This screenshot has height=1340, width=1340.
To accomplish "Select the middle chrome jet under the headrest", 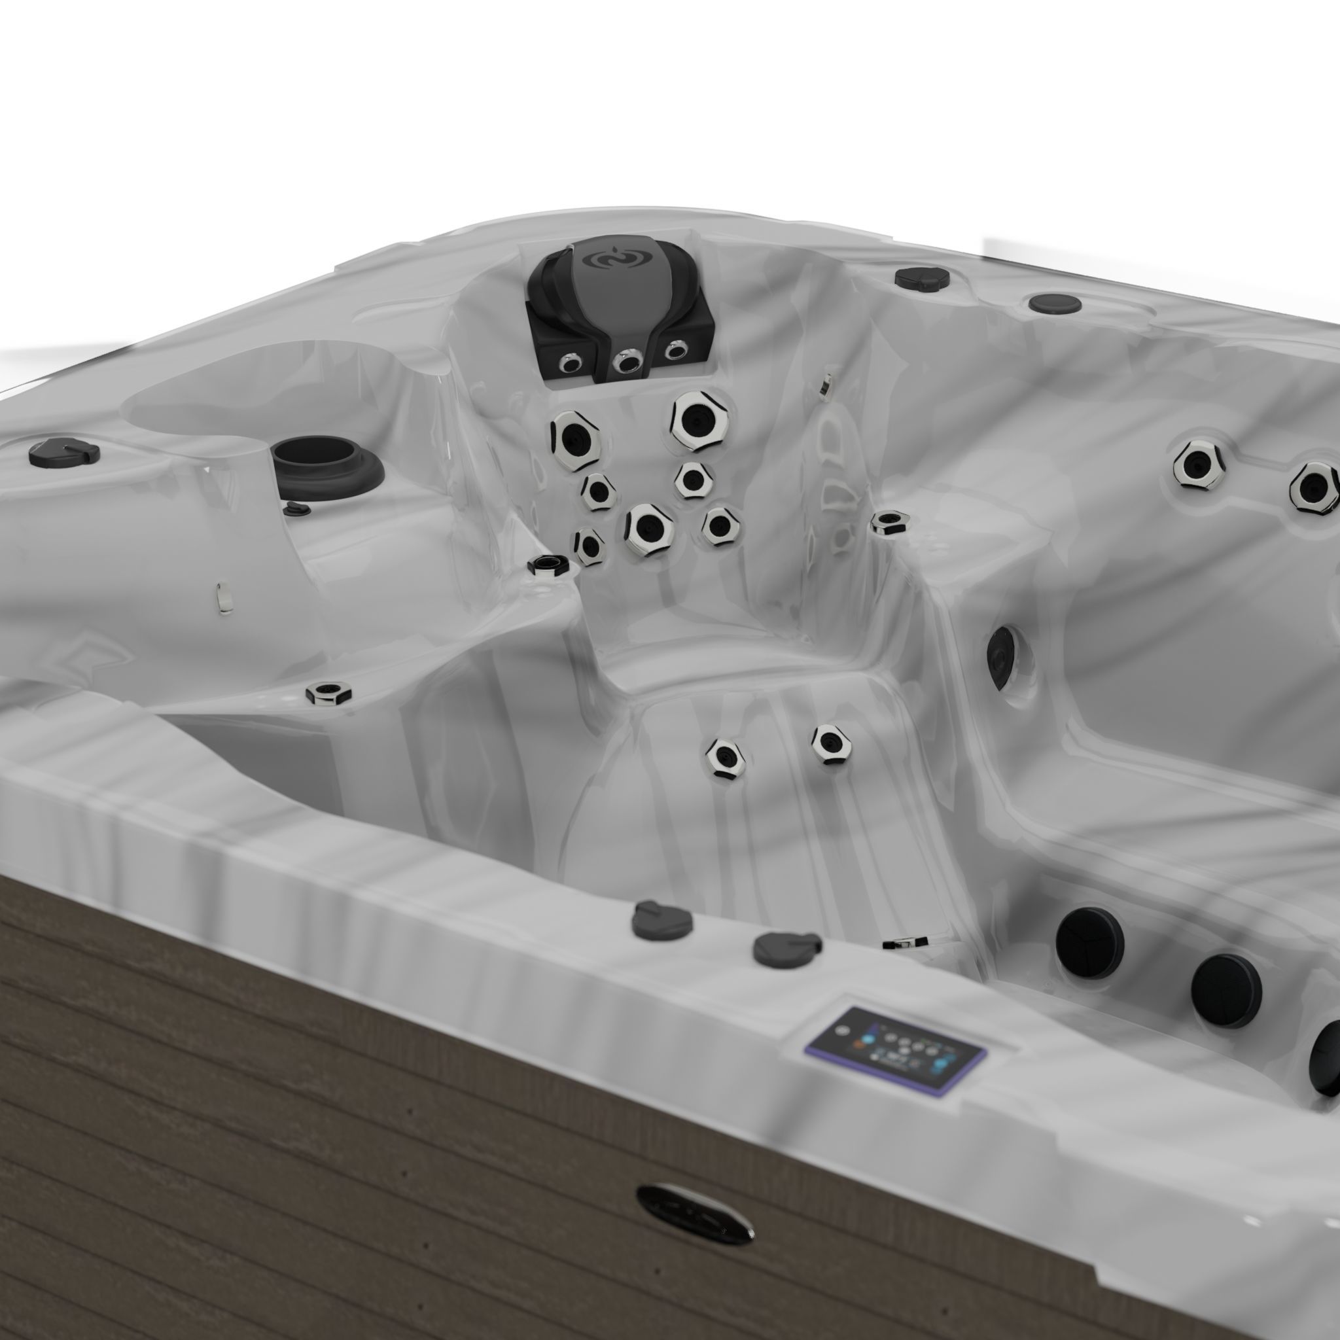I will pos(629,362).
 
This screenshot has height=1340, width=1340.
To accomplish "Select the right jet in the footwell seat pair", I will pos(832,742).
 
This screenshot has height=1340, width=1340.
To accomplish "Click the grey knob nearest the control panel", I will pos(786,949).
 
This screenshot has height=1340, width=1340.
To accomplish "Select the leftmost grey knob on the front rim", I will pos(661,920).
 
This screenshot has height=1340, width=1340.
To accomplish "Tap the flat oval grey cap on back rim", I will pos(1054,303).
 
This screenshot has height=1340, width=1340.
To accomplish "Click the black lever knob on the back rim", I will pos(922,277).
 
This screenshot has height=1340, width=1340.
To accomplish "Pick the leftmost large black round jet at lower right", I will pos(1089,942).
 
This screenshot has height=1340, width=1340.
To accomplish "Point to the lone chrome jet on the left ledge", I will pos(328,692).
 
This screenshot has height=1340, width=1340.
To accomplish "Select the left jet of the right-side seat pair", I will pos(1198,463).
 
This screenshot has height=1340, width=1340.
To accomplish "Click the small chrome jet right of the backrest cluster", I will pos(889,521).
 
